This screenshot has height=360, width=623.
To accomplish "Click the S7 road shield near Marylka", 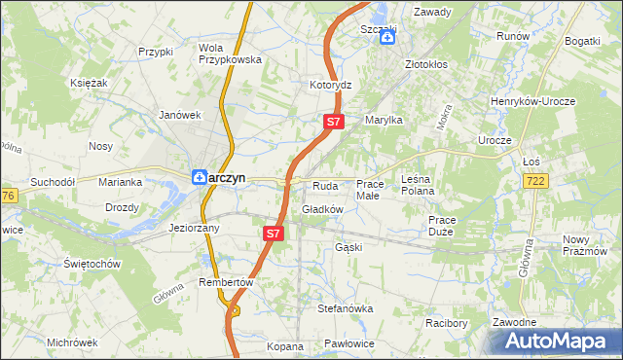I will point(333,122).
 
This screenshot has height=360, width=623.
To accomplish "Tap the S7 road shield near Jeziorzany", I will point(274,234).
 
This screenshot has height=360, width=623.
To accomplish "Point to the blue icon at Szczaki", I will point(386,38).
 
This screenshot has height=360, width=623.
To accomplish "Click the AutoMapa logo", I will point(556,342).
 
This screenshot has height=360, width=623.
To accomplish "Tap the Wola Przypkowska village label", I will point(230,53).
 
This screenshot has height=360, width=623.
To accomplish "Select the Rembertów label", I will point(226,282).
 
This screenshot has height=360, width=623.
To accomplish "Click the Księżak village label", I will point(89,84).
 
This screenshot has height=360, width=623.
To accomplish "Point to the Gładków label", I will point(323,209).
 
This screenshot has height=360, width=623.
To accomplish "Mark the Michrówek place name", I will point(72,342).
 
